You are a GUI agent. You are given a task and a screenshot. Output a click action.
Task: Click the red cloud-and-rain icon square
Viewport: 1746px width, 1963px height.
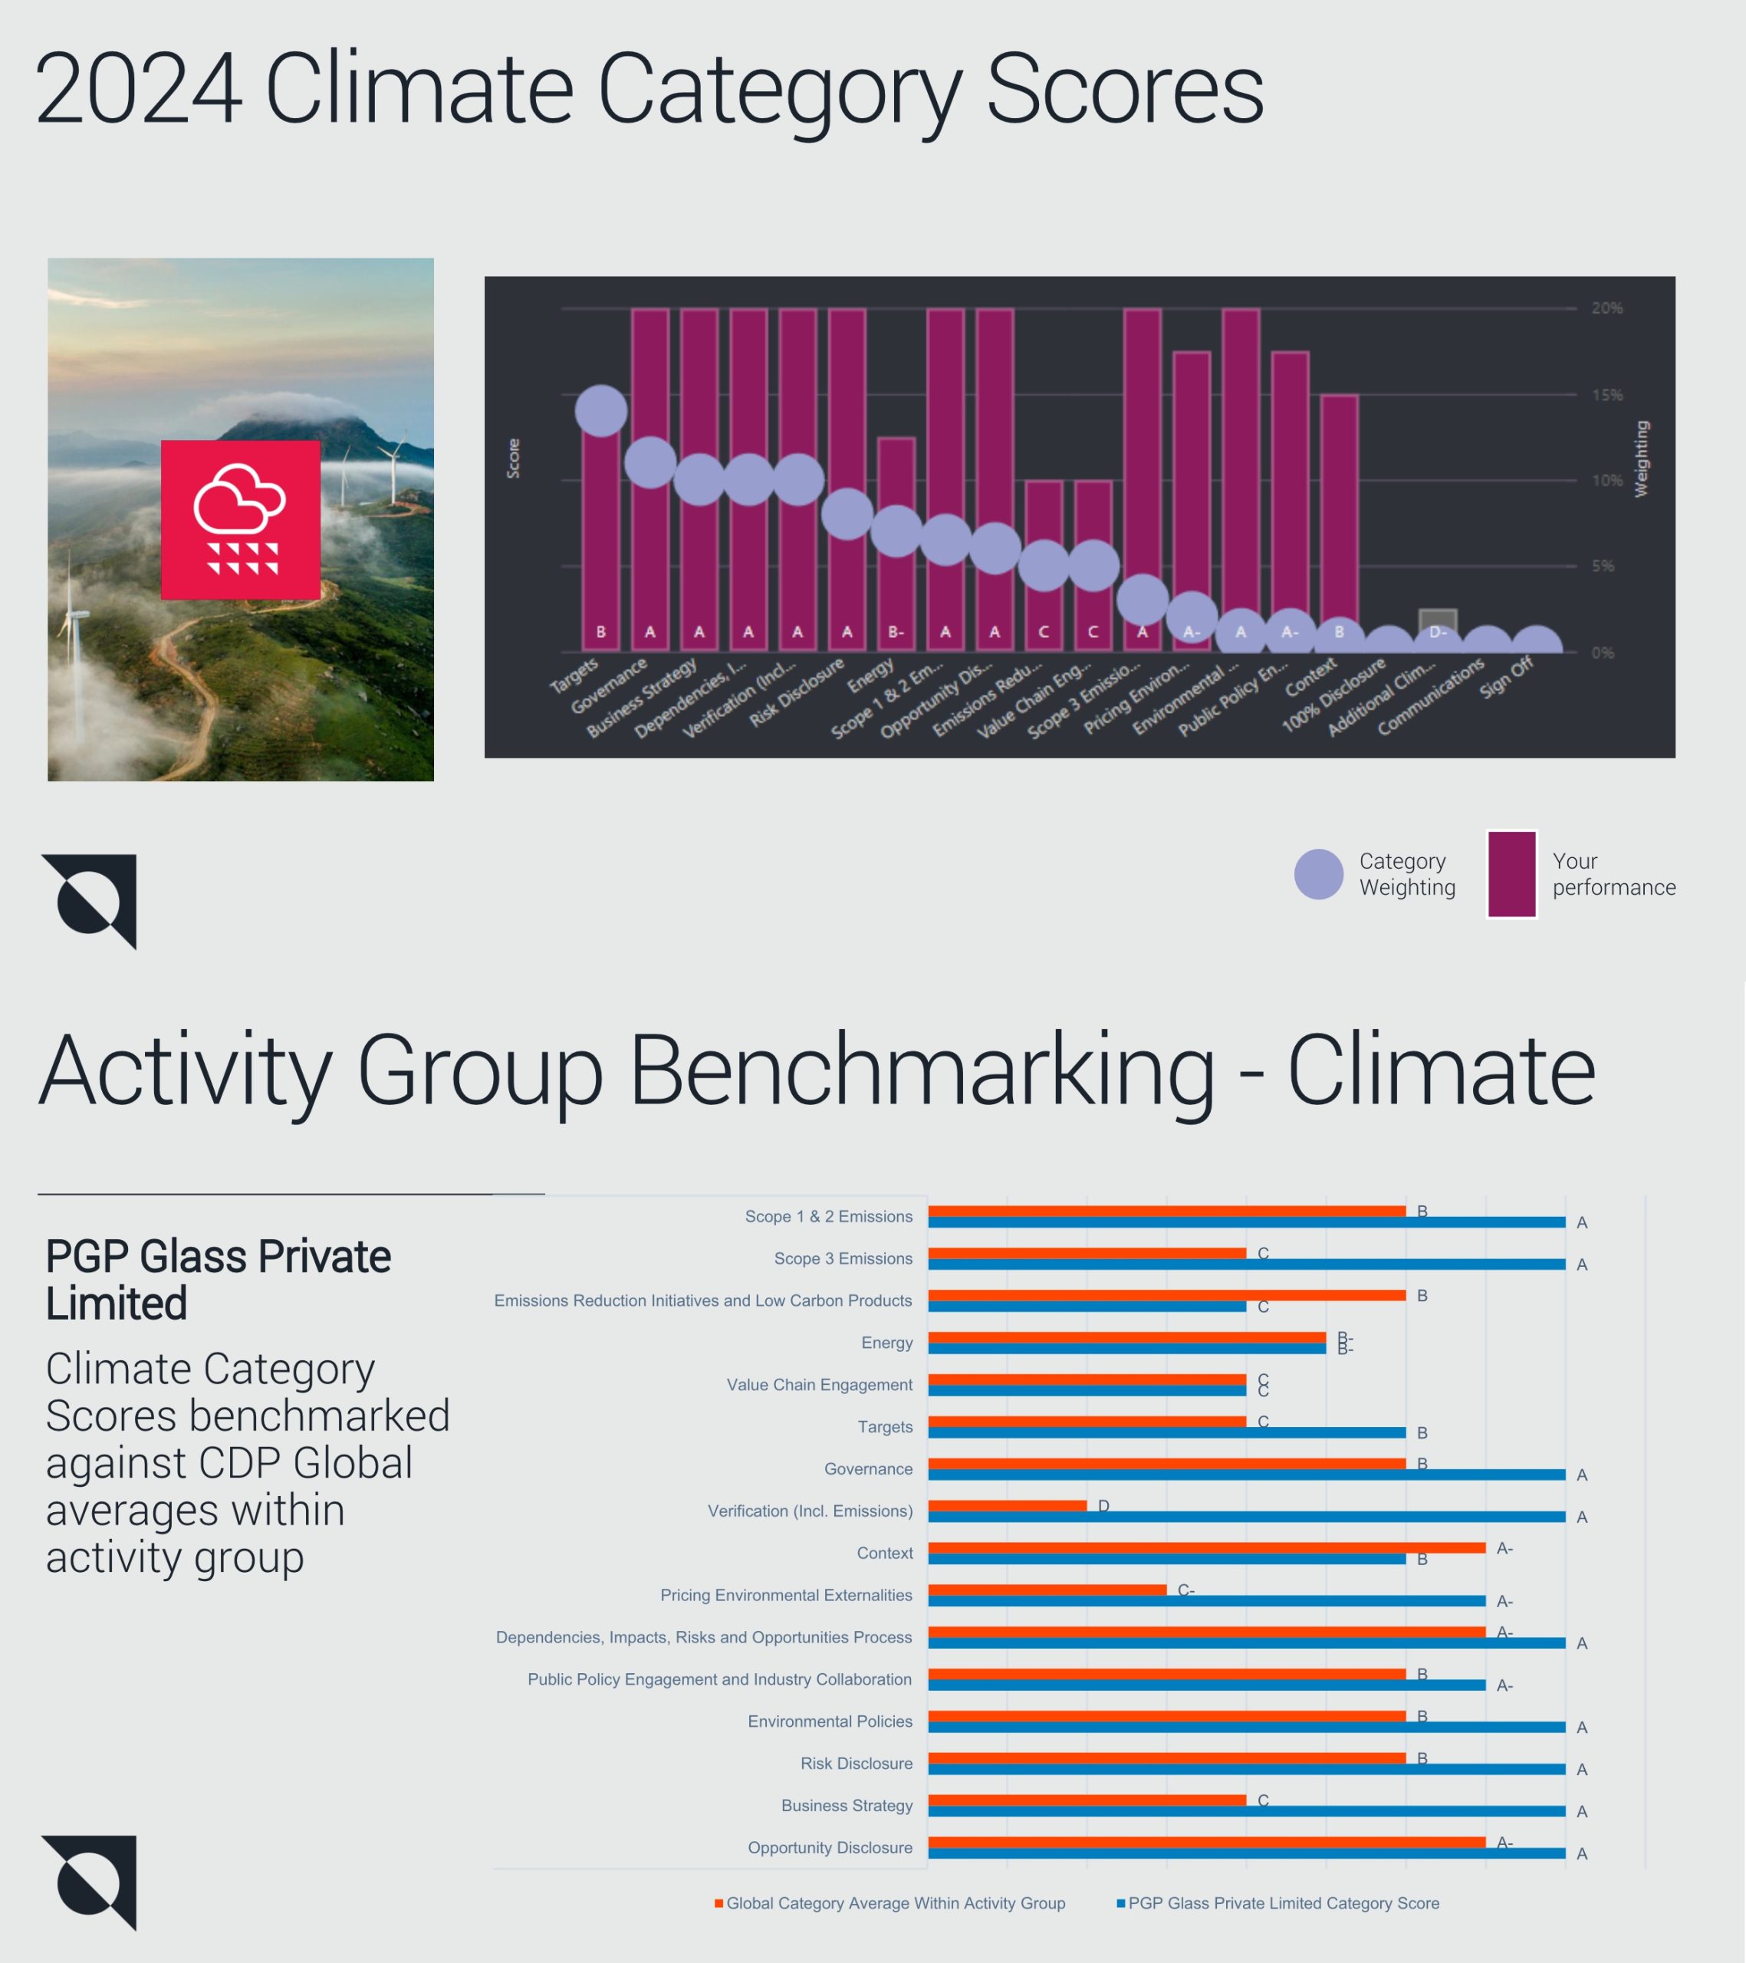pos(240,520)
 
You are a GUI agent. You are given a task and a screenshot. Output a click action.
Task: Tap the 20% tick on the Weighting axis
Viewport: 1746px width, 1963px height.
pos(1606,308)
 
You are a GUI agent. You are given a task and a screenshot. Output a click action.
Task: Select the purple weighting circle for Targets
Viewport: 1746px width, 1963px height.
pos(601,411)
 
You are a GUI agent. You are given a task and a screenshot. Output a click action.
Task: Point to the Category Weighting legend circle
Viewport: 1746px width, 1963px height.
pos(1319,874)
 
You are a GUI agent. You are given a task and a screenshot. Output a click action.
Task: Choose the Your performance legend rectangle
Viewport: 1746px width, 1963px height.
pos(1511,874)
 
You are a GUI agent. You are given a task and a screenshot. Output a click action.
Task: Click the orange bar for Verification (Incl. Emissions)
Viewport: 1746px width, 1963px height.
pos(1007,1505)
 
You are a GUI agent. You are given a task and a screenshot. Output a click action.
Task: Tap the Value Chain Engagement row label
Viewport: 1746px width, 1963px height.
pos(819,1384)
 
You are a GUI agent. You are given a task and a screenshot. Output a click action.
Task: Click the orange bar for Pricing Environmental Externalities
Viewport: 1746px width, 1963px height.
pos(1047,1590)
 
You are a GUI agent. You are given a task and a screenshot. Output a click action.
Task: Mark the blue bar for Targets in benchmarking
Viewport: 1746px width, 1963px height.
pos(1166,1432)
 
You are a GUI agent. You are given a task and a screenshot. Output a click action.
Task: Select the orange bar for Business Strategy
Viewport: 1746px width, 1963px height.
pos(1087,1800)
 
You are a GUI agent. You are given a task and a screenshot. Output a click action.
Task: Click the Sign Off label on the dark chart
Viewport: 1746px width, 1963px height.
pos(1508,677)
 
